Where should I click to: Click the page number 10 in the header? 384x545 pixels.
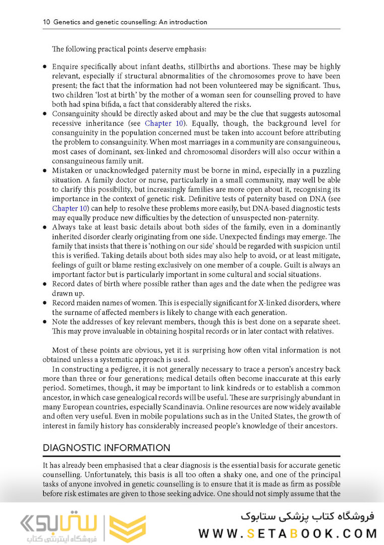pyautogui.click(x=46, y=22)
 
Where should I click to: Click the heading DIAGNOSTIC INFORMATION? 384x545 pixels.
pyautogui.click(x=106, y=448)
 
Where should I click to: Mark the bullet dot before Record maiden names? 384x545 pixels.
pyautogui.click(x=45, y=303)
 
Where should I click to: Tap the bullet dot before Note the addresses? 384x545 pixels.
pyautogui.click(x=45, y=322)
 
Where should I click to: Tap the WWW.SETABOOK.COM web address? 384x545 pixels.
pyautogui.click(x=288, y=533)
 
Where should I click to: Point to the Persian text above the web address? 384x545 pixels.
pyautogui.click(x=307, y=516)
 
